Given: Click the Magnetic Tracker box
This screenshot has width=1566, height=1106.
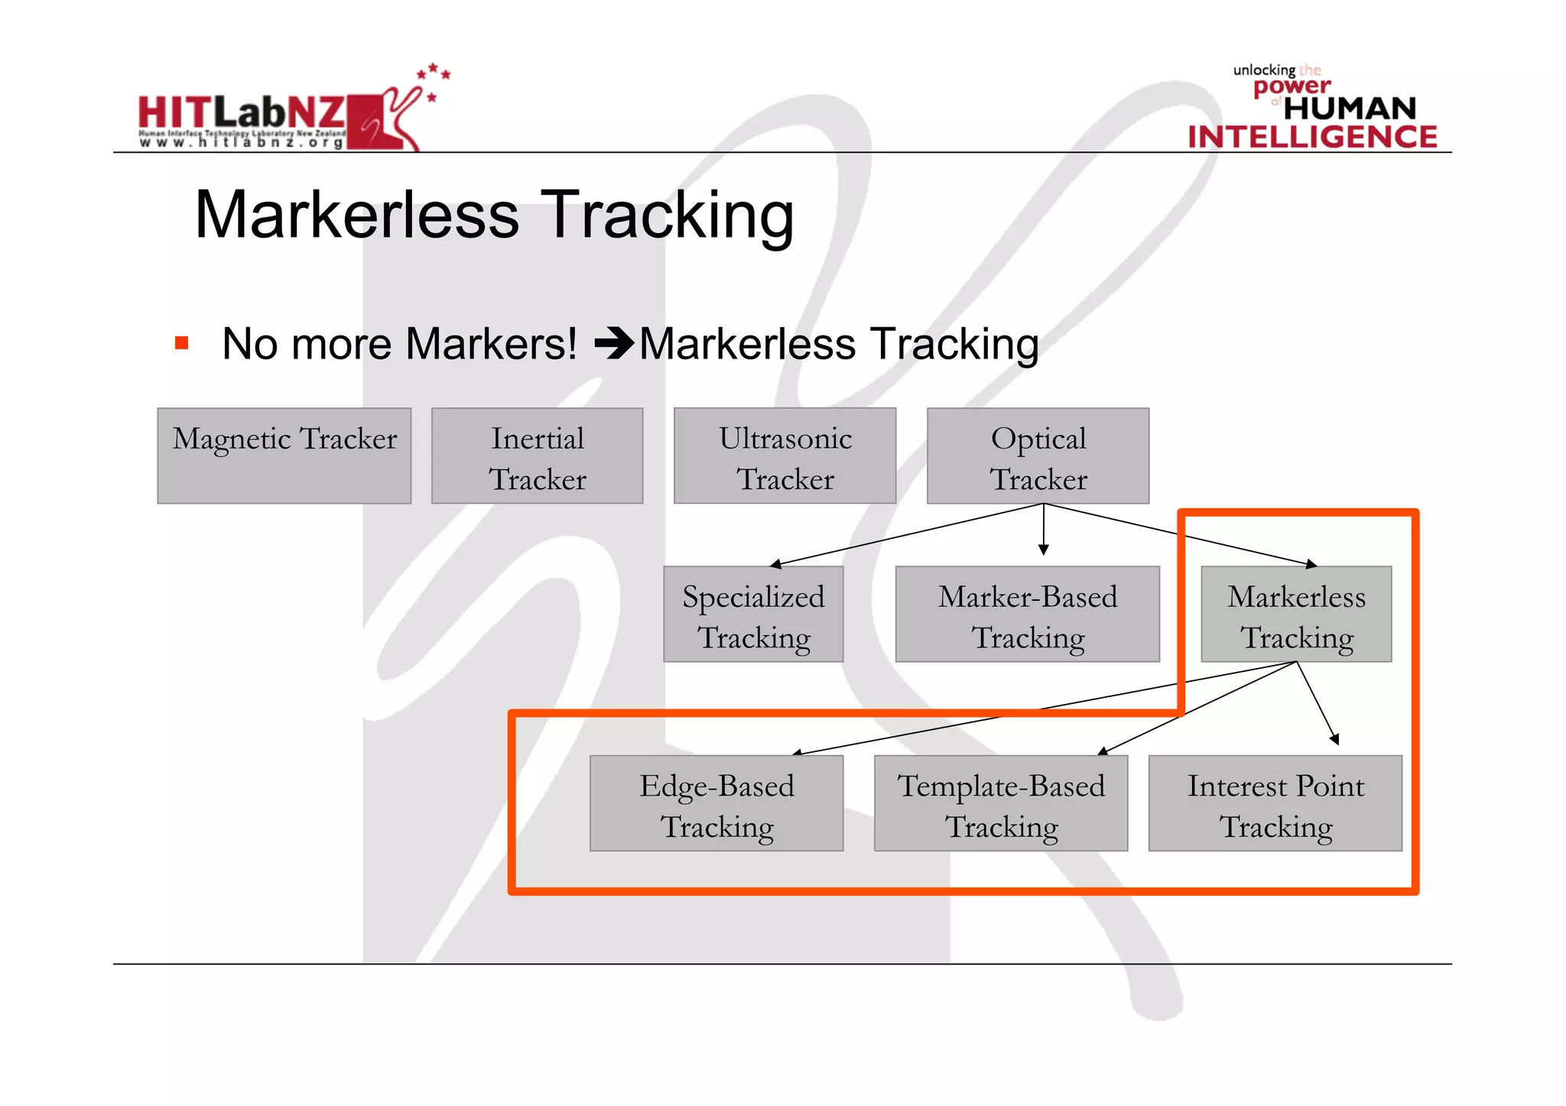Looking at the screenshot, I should [284, 456].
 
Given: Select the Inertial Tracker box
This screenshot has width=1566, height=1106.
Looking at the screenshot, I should [537, 456].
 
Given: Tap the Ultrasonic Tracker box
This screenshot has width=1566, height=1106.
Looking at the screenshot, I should [785, 456].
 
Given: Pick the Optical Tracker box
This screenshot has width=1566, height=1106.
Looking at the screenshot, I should [1038, 456].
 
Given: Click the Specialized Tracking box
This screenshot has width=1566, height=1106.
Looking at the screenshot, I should [753, 615].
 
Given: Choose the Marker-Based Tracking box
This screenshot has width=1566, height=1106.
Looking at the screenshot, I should [1027, 615].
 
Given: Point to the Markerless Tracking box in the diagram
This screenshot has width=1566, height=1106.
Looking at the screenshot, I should [1296, 615].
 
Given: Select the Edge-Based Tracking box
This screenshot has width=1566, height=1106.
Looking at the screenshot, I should [716, 803].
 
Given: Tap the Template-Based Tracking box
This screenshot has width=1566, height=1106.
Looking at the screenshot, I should [1001, 803].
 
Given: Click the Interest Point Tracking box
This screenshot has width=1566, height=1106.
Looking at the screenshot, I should [1275, 803].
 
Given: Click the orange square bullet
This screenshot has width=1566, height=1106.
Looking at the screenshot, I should [181, 343].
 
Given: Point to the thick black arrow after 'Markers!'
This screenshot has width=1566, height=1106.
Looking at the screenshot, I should [614, 343].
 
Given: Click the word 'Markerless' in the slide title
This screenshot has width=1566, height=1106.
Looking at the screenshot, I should [357, 216].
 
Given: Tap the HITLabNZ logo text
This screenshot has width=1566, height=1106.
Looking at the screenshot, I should [241, 113].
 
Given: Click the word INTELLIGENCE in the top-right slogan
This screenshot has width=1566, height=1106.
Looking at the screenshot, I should [1312, 137].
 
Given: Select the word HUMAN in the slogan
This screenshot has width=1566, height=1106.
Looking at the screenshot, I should [1350, 109].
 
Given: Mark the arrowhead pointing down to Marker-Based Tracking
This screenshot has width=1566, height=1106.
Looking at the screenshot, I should [1043, 550].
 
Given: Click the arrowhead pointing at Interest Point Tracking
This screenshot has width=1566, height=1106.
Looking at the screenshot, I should [1334, 739].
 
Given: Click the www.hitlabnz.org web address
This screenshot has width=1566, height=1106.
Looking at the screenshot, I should [241, 143].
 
